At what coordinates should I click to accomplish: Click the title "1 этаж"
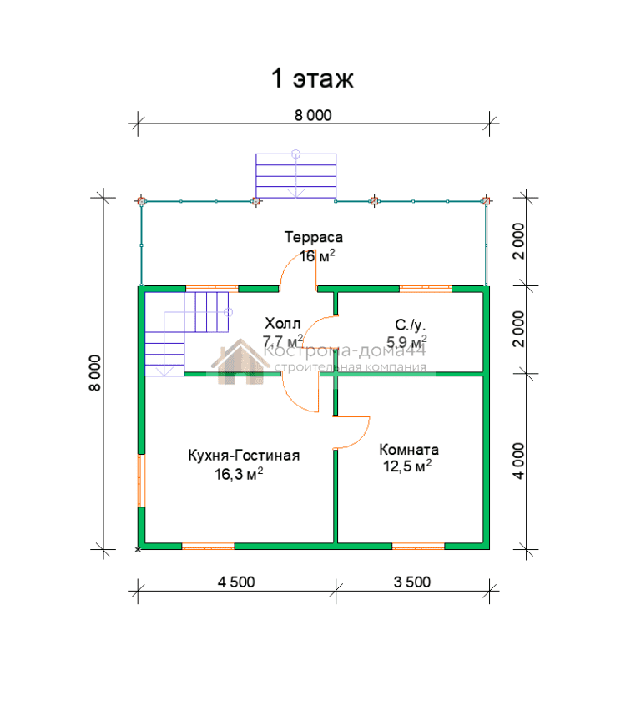(312, 78)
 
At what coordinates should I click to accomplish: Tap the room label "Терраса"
(314, 237)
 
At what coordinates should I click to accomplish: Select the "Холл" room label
(282, 324)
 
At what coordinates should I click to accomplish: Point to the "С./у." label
(410, 325)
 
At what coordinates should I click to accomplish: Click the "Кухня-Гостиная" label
(244, 456)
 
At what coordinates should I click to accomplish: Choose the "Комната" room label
(409, 449)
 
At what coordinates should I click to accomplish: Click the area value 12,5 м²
(407, 466)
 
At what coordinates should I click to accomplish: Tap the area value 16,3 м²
(239, 474)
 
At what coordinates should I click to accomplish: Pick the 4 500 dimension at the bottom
(236, 582)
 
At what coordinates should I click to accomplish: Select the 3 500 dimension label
(412, 582)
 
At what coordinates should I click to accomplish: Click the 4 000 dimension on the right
(518, 461)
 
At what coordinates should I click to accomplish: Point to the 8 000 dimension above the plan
(313, 115)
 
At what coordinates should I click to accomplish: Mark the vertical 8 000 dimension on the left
(94, 373)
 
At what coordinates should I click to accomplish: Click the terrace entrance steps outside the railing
(295, 176)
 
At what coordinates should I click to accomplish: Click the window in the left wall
(142, 481)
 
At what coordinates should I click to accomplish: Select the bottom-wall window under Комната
(418, 547)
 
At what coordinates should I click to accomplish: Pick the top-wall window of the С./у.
(426, 289)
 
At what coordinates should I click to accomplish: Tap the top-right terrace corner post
(486, 201)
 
